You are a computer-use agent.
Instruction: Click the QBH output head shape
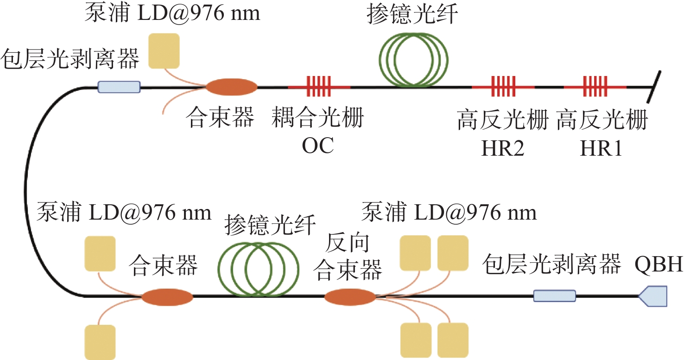(x=654, y=296)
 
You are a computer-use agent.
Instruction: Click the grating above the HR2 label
(x=502, y=87)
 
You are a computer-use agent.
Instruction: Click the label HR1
(x=601, y=149)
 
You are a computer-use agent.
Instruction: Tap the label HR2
(x=503, y=149)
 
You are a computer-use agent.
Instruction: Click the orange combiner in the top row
(x=231, y=87)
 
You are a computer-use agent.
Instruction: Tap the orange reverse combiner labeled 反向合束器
(x=350, y=297)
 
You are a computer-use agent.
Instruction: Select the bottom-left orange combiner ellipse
(x=167, y=297)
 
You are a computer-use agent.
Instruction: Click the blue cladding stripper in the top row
(x=119, y=87)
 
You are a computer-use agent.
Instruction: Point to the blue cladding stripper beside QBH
(x=554, y=296)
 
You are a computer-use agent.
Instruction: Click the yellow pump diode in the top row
(x=164, y=51)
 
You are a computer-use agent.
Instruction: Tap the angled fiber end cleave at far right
(x=654, y=87)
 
